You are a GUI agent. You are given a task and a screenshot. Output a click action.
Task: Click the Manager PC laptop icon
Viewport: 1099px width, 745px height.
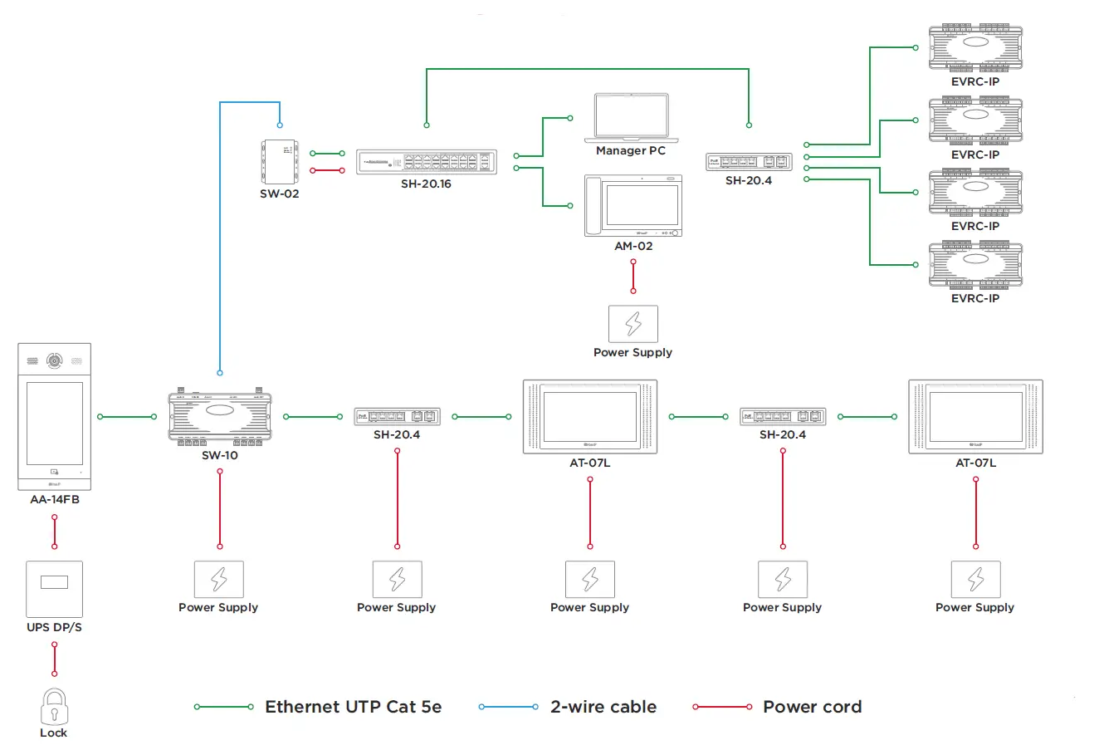tap(631, 117)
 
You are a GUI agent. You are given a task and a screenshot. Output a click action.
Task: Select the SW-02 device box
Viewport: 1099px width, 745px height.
tap(280, 161)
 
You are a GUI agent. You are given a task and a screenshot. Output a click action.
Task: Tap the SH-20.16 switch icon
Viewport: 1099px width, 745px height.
tap(427, 161)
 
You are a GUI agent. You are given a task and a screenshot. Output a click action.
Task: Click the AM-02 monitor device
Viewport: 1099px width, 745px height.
tap(633, 206)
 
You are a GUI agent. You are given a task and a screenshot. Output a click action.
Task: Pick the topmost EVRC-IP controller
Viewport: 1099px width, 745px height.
tap(975, 48)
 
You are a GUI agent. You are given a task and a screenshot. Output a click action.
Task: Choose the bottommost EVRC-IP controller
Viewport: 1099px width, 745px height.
tap(975, 265)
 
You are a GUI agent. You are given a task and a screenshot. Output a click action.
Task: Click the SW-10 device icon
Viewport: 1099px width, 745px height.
tap(220, 416)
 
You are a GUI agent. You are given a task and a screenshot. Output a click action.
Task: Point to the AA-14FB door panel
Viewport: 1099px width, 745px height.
tap(55, 416)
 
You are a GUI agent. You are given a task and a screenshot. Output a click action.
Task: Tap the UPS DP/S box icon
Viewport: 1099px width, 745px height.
tap(55, 589)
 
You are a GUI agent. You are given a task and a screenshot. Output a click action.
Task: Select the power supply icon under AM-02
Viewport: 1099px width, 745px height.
tap(633, 323)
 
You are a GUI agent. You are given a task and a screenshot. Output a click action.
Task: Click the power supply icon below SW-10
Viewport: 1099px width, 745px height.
tap(218, 579)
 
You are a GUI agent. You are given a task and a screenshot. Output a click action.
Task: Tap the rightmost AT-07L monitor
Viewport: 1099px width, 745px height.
tap(975, 416)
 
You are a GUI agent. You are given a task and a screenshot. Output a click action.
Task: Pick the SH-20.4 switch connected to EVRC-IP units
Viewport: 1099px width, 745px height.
tap(749, 161)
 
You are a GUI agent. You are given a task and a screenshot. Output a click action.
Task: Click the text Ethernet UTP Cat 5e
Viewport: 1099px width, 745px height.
tap(353, 707)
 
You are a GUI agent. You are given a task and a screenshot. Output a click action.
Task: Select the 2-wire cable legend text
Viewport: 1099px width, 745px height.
tap(603, 707)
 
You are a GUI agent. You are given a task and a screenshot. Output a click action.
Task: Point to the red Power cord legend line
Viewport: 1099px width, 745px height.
tap(722, 707)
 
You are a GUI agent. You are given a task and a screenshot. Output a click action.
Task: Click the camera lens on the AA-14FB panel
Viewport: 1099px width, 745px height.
tap(55, 361)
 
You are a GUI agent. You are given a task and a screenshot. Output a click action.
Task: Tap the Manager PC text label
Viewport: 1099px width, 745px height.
tap(631, 151)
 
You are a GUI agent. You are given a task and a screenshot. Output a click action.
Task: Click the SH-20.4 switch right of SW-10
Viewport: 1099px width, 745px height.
tap(397, 416)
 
